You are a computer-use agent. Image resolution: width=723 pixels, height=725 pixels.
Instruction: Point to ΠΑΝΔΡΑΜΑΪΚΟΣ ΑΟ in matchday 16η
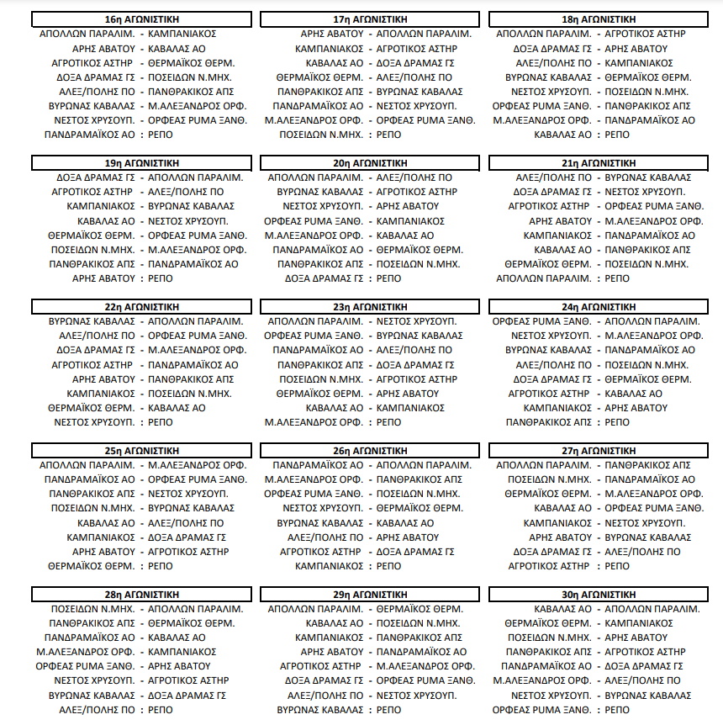pyautogui.click(x=89, y=135)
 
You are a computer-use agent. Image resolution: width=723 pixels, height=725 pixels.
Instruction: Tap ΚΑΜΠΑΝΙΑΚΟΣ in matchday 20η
pyautogui.click(x=410, y=221)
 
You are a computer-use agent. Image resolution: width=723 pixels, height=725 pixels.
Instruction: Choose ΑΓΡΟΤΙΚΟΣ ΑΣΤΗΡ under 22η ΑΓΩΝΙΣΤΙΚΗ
pyautogui.click(x=92, y=365)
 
